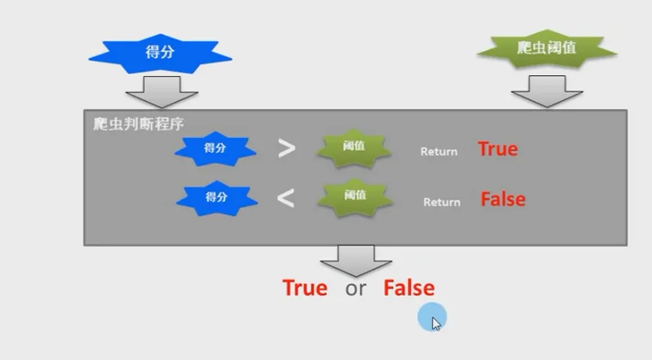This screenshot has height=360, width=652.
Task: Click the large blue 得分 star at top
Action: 160,53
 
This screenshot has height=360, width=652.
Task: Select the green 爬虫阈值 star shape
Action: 547,49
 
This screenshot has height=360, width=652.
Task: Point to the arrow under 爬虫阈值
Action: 547,91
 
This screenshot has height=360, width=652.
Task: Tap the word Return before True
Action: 439,151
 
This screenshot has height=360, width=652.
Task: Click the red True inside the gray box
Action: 498,149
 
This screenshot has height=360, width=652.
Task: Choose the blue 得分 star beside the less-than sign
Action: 215,198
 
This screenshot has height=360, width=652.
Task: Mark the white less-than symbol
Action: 286,198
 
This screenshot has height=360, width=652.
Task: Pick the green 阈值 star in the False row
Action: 354,196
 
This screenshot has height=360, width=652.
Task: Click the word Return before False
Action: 442,202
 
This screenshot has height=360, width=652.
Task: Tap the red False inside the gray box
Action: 503,199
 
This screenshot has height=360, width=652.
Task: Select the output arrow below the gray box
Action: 355,259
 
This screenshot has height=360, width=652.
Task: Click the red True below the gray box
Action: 305,288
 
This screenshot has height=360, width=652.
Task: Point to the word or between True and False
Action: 355,289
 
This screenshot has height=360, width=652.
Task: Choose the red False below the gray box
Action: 409,288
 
